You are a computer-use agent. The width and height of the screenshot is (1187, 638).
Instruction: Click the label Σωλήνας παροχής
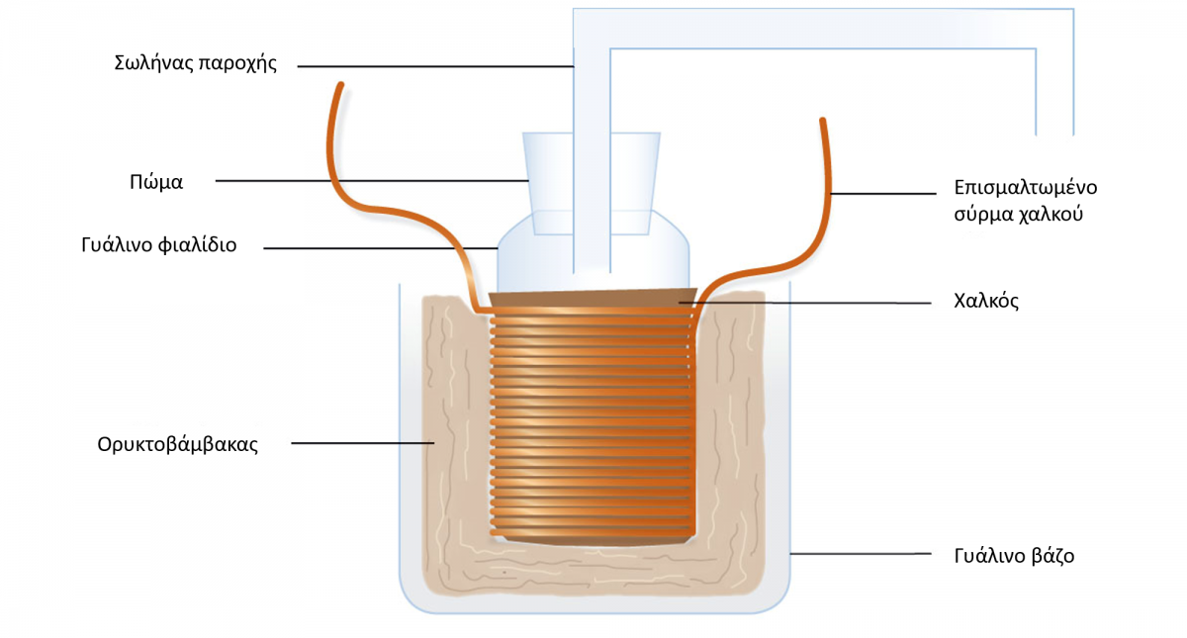196,63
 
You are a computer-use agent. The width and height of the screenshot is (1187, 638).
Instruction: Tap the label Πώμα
156,182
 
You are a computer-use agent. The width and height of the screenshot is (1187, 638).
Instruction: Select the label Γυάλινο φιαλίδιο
159,245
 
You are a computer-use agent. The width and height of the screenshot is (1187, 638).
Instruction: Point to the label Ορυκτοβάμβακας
177,444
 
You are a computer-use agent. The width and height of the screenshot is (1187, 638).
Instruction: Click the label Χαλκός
986,302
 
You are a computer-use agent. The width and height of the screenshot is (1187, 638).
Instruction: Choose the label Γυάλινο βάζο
1014,556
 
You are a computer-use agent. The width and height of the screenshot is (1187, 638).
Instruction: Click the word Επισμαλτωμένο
1026,188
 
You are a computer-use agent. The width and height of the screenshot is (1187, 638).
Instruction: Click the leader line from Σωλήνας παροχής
435,67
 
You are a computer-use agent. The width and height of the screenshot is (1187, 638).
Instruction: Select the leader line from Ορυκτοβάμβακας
362,443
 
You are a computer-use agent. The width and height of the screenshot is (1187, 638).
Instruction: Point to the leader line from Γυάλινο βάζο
861,554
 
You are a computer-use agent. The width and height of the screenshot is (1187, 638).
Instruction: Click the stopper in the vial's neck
592,183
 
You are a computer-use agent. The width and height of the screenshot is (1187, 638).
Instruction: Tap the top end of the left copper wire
341,84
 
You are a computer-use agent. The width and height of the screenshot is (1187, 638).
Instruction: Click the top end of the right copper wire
822,121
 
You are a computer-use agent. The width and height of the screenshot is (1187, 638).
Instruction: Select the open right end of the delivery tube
1054,135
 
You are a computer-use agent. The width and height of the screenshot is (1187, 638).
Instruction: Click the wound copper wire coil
592,422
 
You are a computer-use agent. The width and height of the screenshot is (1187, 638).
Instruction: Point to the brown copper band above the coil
593,298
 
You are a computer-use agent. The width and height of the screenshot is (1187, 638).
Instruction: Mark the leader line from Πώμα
372,181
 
